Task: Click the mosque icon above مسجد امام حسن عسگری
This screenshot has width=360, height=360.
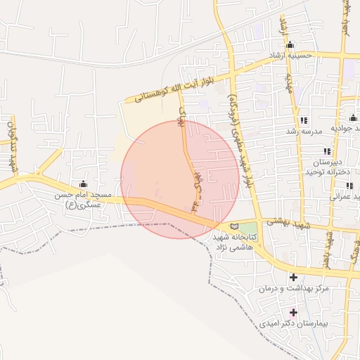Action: [84, 184]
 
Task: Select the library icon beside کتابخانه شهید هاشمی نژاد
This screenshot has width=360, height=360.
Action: [234, 226]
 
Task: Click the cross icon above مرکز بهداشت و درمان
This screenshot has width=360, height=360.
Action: [293, 277]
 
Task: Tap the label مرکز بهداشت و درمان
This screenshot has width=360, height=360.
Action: [293, 289]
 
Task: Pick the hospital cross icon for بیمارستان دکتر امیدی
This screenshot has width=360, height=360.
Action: [293, 312]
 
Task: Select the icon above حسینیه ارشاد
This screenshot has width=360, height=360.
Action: [290, 45]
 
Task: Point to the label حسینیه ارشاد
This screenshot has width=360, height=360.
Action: [290, 55]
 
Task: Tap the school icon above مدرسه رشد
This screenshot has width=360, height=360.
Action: [304, 120]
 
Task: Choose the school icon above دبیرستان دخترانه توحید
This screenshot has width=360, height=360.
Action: [327, 151]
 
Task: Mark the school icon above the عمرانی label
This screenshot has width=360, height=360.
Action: [349, 186]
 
